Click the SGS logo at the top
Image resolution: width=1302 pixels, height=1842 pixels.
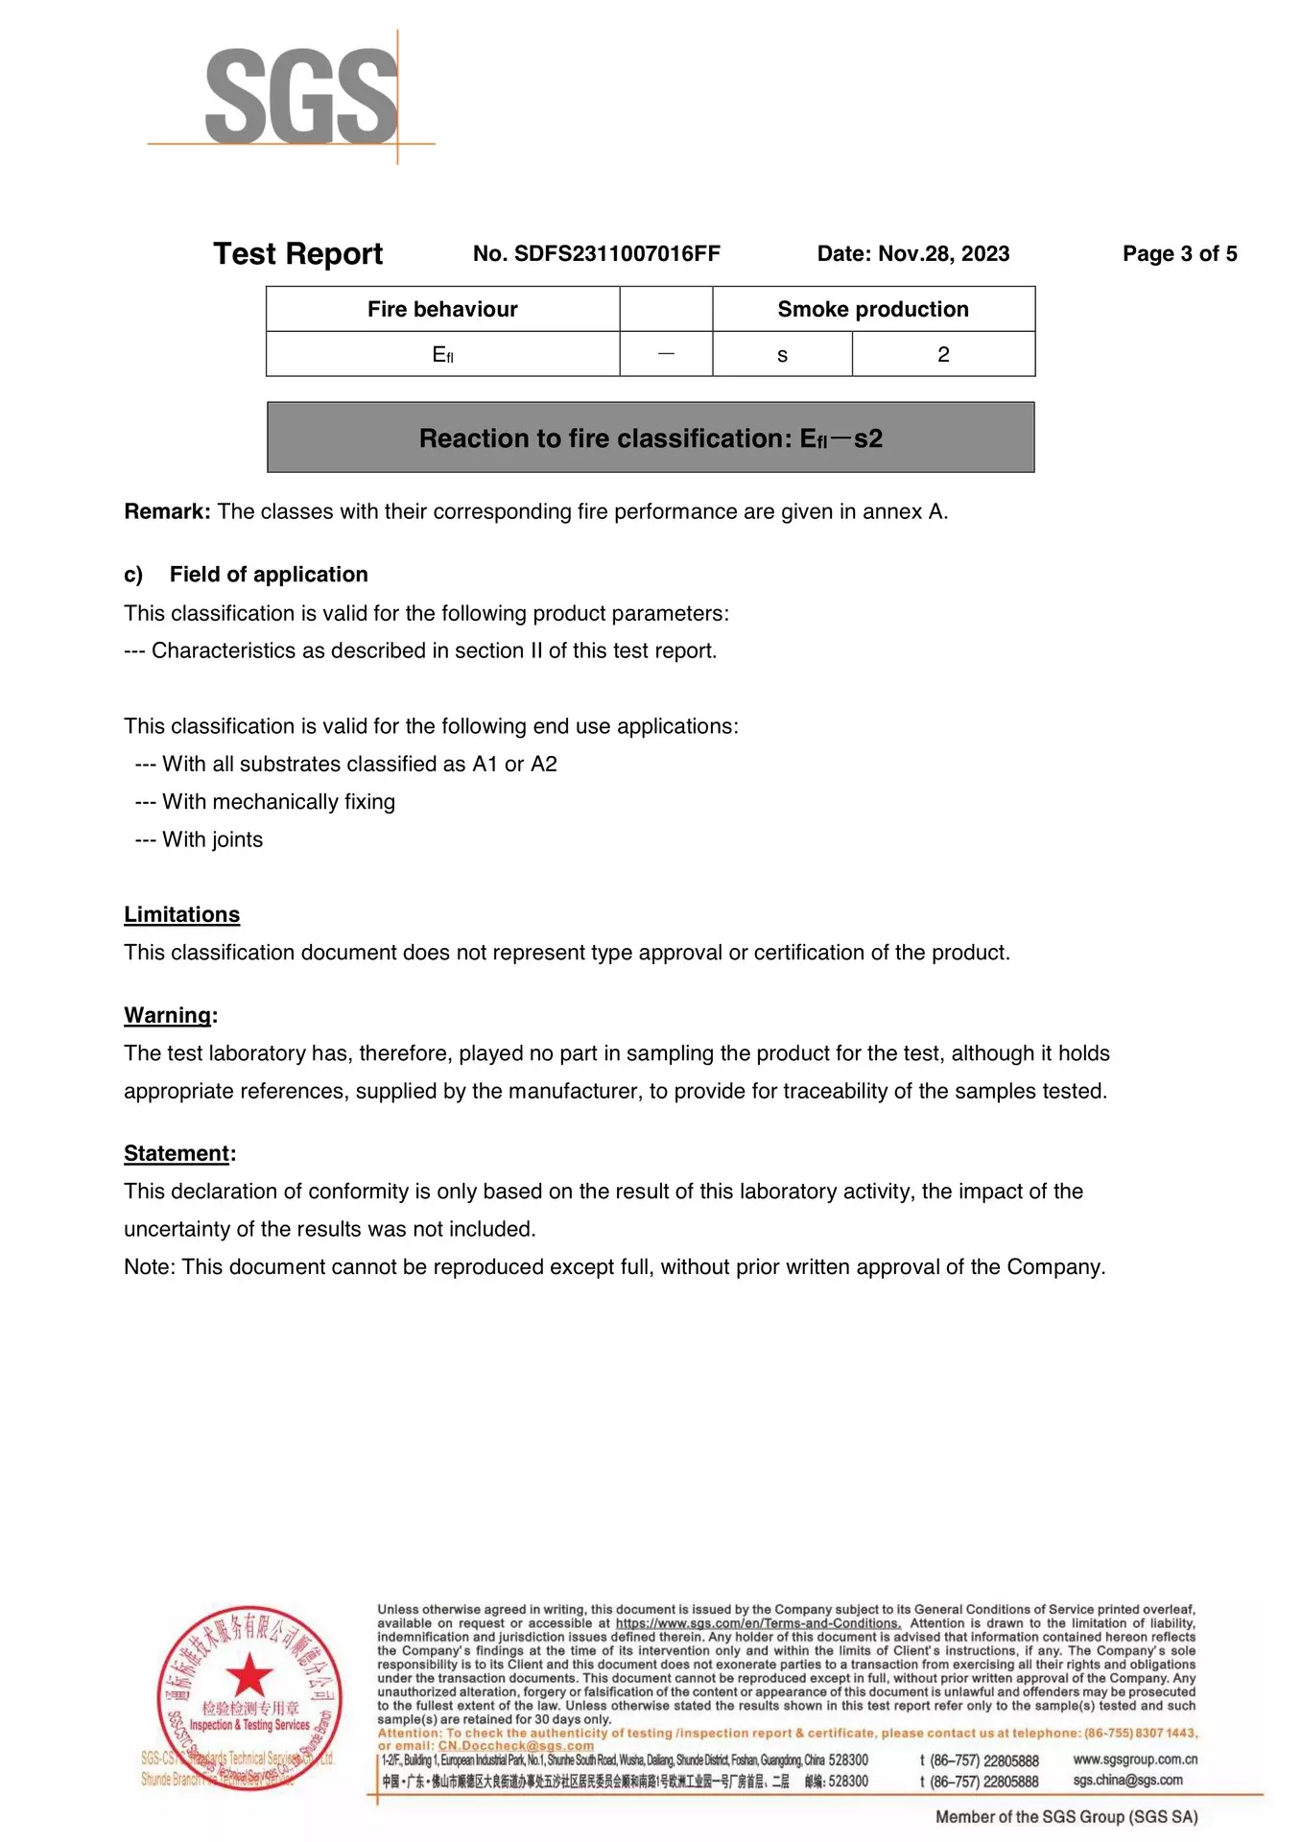pyautogui.click(x=300, y=97)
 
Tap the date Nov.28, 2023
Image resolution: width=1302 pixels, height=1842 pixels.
pyautogui.click(x=943, y=254)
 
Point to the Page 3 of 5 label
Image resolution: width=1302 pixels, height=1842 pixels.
pyautogui.click(x=1179, y=254)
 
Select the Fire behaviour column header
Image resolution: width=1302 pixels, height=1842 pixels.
pyautogui.click(x=442, y=309)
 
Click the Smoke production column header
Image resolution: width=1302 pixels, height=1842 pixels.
pyautogui.click(x=873, y=309)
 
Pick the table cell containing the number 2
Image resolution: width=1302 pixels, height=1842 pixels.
pyautogui.click(x=943, y=355)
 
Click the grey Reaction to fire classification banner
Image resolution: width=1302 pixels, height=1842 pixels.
pyautogui.click(x=651, y=438)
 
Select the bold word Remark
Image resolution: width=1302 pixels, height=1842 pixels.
pyautogui.click(x=167, y=511)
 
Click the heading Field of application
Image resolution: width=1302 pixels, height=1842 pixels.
pyautogui.click(x=269, y=575)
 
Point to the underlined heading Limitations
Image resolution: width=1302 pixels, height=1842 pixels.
pyautogui.click(x=181, y=915)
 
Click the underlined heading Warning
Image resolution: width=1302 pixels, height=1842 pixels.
pyautogui.click(x=168, y=1016)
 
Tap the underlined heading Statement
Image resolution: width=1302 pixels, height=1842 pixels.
pyautogui.click(x=178, y=1154)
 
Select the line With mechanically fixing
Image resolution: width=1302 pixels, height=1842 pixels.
pyautogui.click(x=278, y=802)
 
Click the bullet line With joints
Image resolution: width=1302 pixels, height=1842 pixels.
pyautogui.click(x=212, y=840)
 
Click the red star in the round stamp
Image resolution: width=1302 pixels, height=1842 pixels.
pyautogui.click(x=249, y=1674)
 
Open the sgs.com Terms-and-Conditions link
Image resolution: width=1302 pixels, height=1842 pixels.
pyautogui.click(x=758, y=1623)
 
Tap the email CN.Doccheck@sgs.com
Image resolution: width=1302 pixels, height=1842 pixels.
pyautogui.click(x=516, y=1746)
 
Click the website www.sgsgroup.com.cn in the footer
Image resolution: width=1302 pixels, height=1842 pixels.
pyautogui.click(x=1135, y=1759)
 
